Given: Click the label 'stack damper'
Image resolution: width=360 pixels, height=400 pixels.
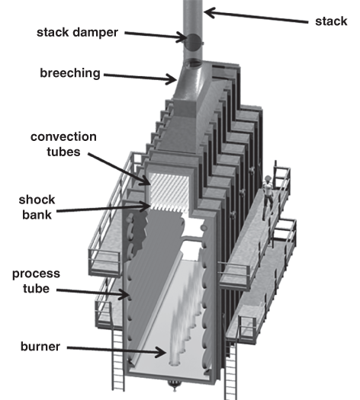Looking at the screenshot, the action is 77,33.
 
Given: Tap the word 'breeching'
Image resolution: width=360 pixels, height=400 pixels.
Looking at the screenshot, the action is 70,73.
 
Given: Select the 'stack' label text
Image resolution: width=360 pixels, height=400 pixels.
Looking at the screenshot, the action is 331,21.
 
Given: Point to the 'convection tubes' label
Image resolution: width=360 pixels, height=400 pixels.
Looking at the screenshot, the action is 63,144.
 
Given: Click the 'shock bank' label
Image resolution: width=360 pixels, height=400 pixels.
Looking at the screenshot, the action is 37,207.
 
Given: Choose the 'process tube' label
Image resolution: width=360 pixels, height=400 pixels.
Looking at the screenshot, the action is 36,281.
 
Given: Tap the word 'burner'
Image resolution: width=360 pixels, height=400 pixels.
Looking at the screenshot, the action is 40,347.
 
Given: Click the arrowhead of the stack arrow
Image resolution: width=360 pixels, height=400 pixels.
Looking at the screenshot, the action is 208,12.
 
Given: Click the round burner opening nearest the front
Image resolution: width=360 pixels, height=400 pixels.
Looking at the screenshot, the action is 175,363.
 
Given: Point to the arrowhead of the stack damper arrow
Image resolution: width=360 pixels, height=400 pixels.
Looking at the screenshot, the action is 183,38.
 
